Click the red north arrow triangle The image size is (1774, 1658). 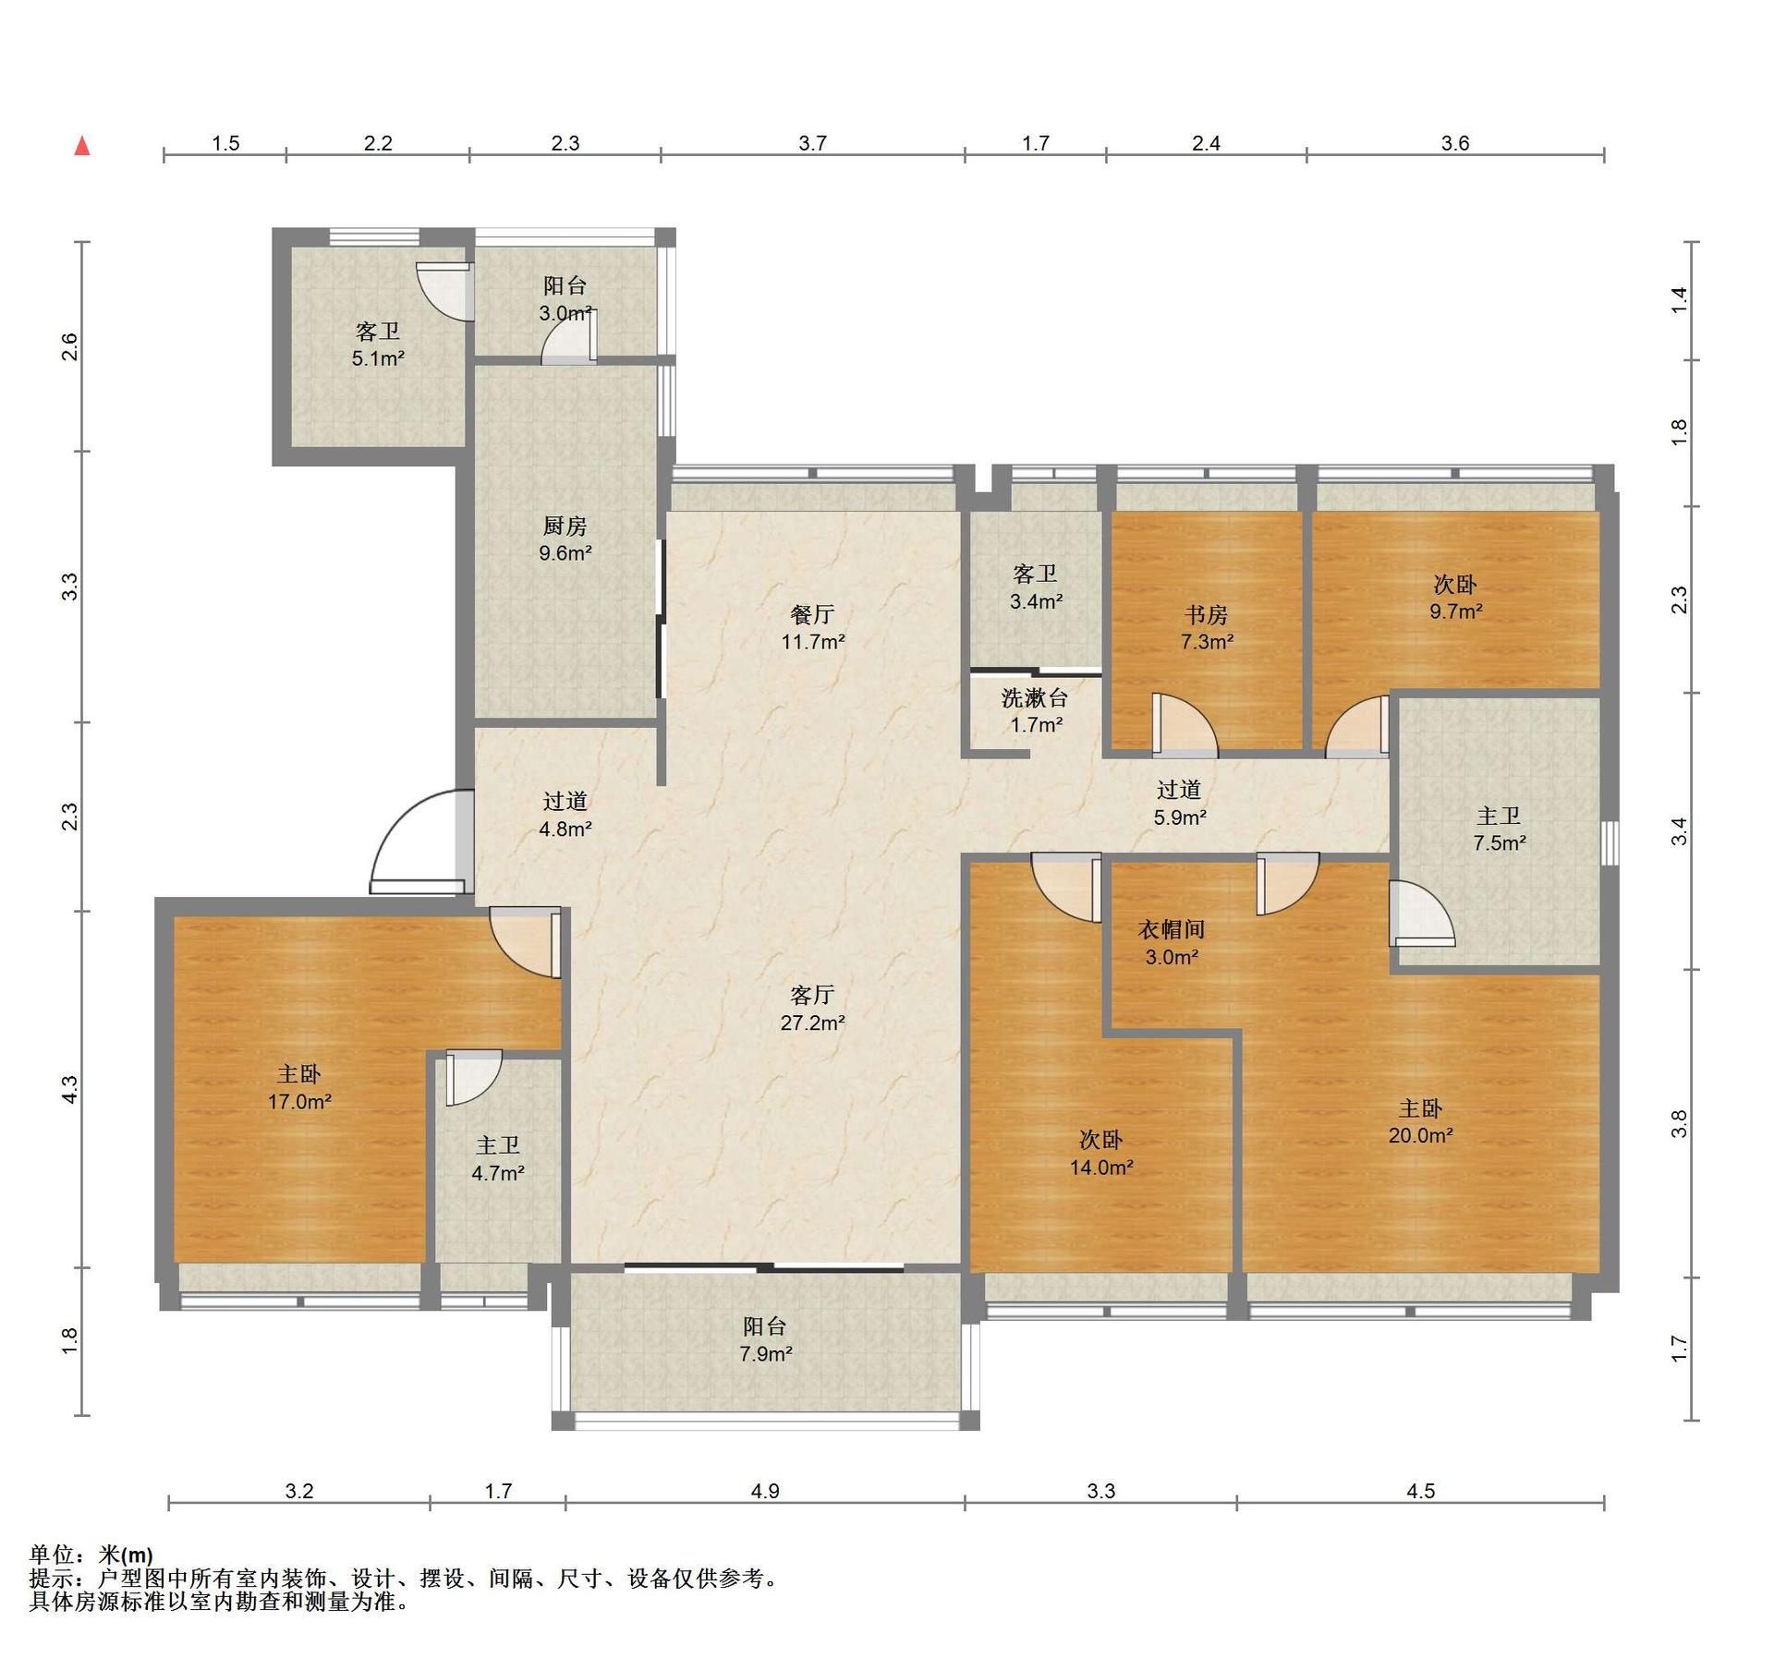point(82,145)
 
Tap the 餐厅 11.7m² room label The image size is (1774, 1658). point(813,627)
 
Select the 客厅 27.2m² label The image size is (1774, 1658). point(813,1008)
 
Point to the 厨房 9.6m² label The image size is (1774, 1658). point(565,539)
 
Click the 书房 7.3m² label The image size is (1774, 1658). point(1207,627)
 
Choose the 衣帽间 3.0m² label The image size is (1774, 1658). point(1172,943)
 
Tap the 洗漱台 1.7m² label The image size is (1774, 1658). point(1036,710)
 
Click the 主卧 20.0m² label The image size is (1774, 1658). point(1420,1121)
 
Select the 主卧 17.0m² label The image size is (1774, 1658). point(299,1087)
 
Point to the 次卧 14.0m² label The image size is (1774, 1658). point(1101,1153)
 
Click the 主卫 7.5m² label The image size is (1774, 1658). point(1499,829)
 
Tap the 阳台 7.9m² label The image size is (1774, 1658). point(766,1339)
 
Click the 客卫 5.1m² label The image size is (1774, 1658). point(378,344)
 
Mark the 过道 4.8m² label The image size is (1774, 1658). point(565,815)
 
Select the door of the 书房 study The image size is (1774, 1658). point(1185,726)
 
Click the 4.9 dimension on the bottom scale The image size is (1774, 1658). point(765,1490)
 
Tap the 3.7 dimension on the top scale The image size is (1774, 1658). point(812,142)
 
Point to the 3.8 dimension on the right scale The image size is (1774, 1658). point(1679,1122)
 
